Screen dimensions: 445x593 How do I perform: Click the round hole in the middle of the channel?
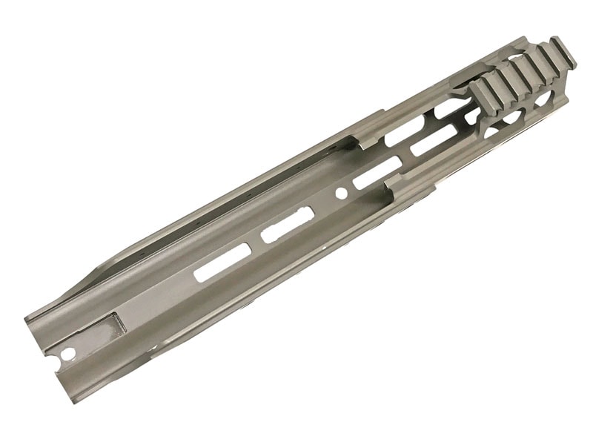click(341, 193)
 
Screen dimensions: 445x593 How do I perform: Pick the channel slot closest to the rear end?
click(221, 263)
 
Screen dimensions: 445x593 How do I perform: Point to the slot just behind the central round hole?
click(288, 225)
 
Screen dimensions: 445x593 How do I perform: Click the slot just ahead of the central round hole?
click(377, 174)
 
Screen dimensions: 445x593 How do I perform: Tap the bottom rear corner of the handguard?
click(78, 401)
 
